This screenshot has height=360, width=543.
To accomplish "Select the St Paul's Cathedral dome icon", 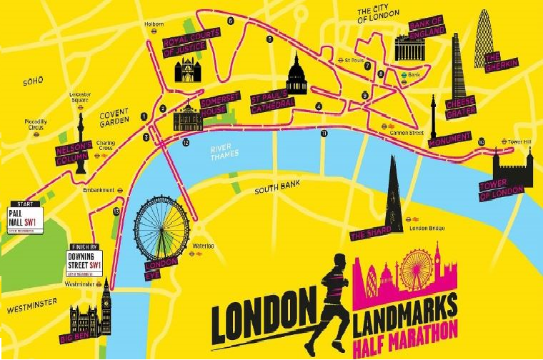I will [296, 76].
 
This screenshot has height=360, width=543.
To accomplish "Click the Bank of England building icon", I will [410, 49].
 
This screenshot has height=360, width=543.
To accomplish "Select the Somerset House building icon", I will [188, 119].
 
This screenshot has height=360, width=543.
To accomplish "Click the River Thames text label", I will [223, 152].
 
